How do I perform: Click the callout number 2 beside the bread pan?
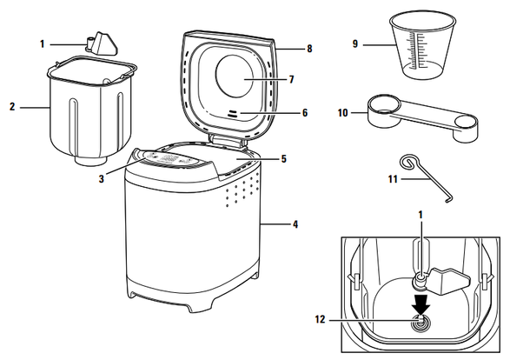tap(12, 107)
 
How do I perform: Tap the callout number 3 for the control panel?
tap(102, 178)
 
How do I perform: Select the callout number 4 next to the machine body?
tap(295, 224)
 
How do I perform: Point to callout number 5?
tap(283, 159)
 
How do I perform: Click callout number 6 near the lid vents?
tap(305, 113)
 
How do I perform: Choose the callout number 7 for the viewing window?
tap(291, 79)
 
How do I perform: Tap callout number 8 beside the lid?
tap(309, 49)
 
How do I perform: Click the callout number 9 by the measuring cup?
tap(355, 44)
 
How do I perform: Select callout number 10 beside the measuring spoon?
tap(343, 113)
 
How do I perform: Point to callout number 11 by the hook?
tap(393, 179)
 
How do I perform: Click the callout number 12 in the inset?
tap(320, 319)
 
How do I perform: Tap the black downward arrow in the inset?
tap(421, 305)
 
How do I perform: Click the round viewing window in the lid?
tap(235, 76)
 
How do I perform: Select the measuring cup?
tap(422, 46)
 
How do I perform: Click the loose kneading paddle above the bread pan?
tap(102, 44)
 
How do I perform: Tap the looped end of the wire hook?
tap(407, 162)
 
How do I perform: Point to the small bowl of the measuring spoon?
tap(466, 128)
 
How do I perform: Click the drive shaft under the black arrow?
tap(421, 322)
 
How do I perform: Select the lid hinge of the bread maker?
tap(227, 139)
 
